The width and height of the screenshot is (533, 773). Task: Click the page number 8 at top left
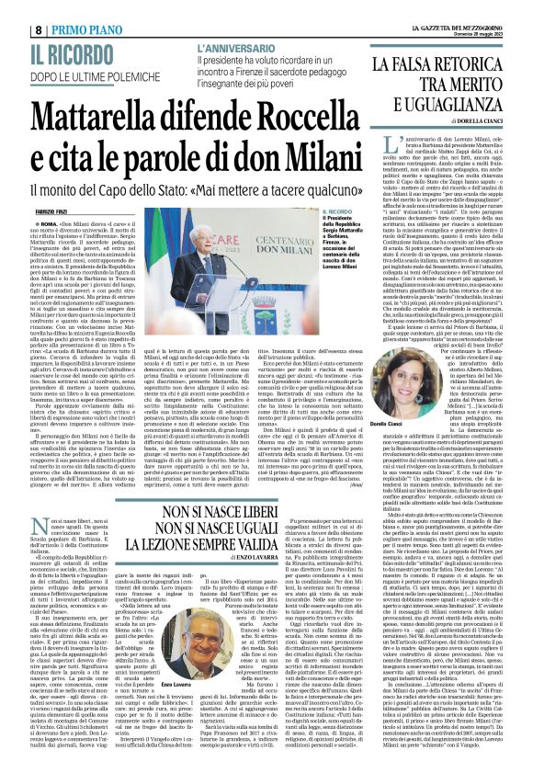[12, 10]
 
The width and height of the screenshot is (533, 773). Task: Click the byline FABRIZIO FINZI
[28, 187]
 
